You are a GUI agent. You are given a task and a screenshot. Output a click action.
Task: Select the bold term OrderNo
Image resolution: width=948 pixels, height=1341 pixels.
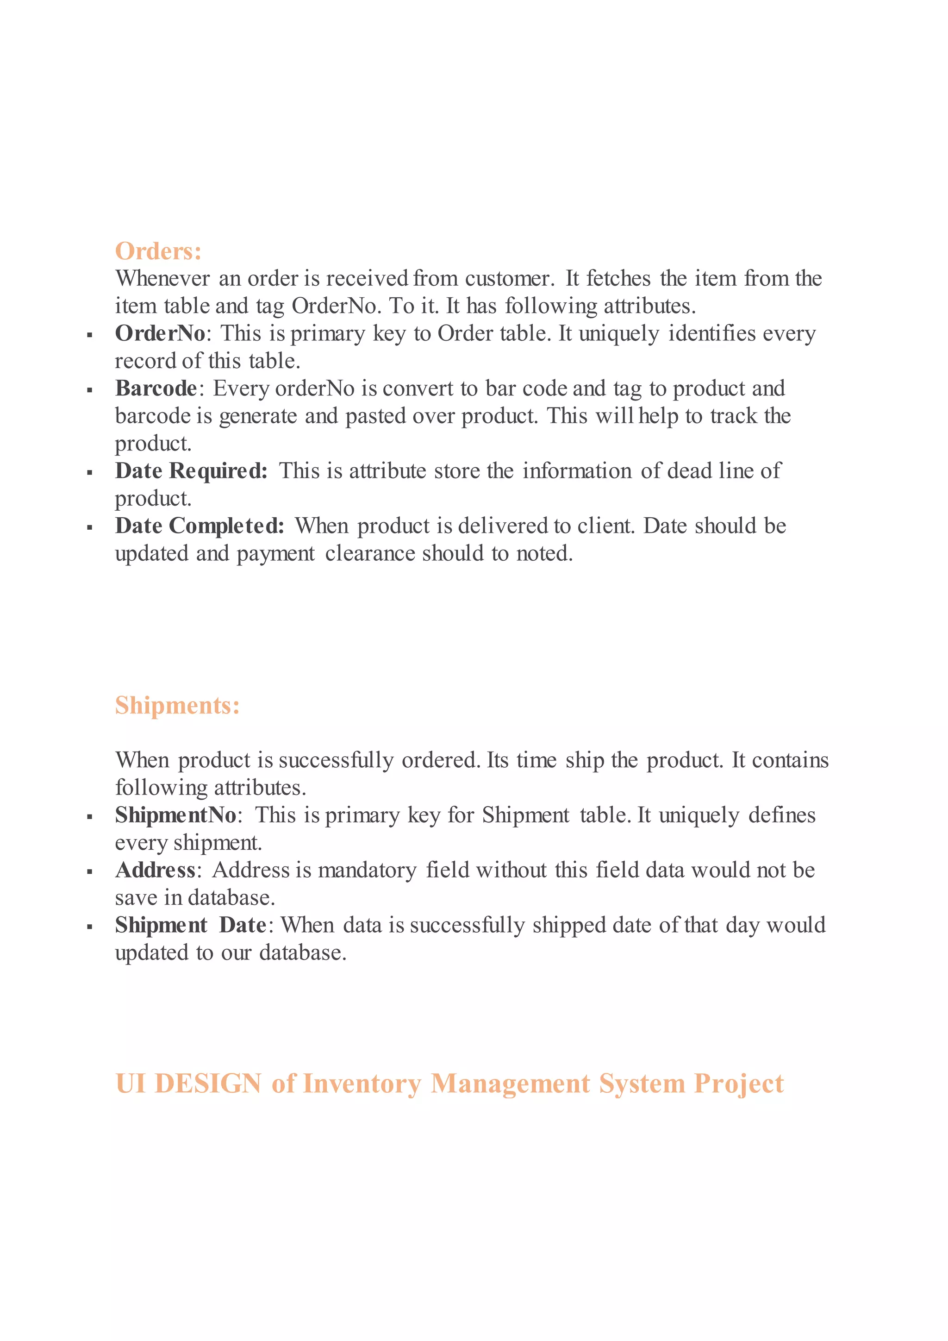click(x=160, y=333)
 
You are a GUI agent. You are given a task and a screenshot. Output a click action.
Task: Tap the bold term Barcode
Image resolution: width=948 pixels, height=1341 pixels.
click(x=156, y=389)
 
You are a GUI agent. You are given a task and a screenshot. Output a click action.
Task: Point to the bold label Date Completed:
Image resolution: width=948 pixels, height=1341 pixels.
click(x=199, y=526)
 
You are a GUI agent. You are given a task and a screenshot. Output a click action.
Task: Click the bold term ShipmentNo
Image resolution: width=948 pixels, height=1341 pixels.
click(x=175, y=815)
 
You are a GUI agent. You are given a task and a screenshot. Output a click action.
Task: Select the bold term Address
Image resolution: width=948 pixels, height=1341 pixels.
click(x=155, y=870)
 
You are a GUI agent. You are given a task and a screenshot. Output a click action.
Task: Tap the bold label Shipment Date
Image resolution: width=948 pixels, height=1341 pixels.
click(x=190, y=925)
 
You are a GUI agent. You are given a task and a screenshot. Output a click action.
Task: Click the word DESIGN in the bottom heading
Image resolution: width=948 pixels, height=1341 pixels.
click(x=208, y=1084)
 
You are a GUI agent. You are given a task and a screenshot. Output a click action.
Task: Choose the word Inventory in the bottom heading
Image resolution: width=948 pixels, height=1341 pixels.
click(x=362, y=1084)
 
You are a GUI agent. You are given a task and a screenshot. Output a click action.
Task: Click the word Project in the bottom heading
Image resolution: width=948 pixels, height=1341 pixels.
click(x=738, y=1084)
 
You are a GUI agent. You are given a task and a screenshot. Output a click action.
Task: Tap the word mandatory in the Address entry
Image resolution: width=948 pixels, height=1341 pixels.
click(x=367, y=870)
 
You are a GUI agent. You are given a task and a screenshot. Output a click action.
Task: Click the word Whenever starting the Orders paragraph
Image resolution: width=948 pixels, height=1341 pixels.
click(x=162, y=279)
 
